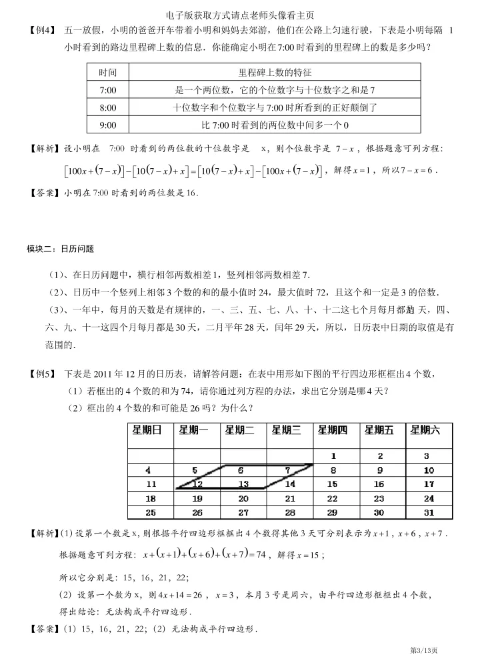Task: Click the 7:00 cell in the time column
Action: point(107,89)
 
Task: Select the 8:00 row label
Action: point(107,107)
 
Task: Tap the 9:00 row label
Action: point(107,124)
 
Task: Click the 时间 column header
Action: point(107,72)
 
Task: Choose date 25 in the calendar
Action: point(151,513)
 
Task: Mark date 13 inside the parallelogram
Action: point(243,484)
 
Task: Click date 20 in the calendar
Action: point(243,498)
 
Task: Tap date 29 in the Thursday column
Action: point(333,513)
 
